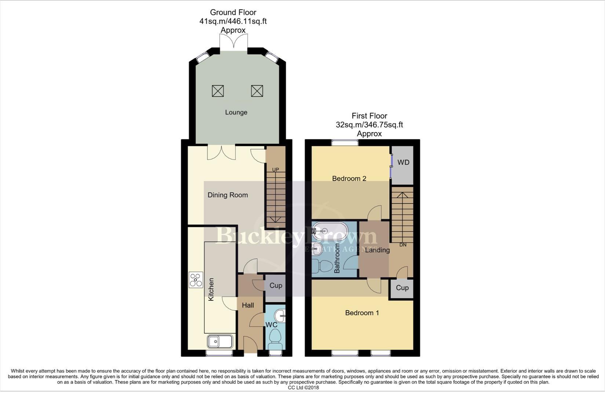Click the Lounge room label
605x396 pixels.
click(x=236, y=112)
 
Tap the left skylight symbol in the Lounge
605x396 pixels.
click(x=218, y=91)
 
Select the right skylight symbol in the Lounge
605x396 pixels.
click(x=257, y=91)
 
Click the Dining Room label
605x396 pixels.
click(x=227, y=195)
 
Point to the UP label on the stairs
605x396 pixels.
click(x=276, y=169)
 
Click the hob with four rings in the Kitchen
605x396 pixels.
click(x=196, y=280)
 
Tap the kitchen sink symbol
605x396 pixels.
click(x=220, y=341)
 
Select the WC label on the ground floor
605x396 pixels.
click(x=271, y=325)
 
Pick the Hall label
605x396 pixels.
click(x=248, y=305)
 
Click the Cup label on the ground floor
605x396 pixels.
click(x=276, y=285)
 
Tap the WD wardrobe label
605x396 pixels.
click(x=403, y=162)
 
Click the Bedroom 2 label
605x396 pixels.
click(x=349, y=179)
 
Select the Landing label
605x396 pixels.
click(x=377, y=250)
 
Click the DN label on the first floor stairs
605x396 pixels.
click(x=403, y=245)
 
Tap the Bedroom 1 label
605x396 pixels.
click(x=362, y=313)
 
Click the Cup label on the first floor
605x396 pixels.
click(x=402, y=287)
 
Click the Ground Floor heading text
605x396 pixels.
click(x=233, y=12)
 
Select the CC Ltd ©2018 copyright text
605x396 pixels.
click(x=303, y=388)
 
